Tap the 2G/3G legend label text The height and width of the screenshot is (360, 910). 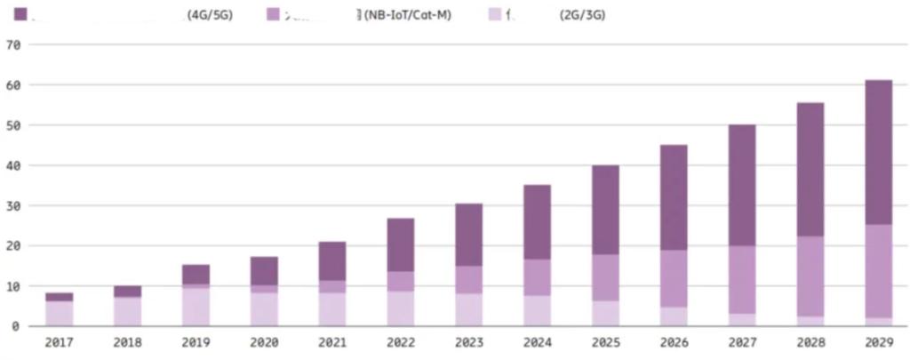pyautogui.click(x=583, y=15)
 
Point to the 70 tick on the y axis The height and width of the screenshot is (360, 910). pyautogui.click(x=12, y=44)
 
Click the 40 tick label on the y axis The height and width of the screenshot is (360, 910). pyautogui.click(x=12, y=165)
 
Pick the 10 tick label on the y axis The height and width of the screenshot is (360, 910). pyautogui.click(x=12, y=286)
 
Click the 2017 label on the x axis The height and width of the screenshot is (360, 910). pyautogui.click(x=60, y=341)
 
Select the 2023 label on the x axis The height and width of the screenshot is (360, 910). pyautogui.click(x=468, y=341)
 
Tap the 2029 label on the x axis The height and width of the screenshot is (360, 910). pyautogui.click(x=878, y=341)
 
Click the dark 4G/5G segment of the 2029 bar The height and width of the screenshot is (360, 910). pyautogui.click(x=878, y=151)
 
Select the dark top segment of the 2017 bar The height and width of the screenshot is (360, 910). pyautogui.click(x=60, y=297)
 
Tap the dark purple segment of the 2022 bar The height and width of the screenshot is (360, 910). pyautogui.click(x=401, y=244)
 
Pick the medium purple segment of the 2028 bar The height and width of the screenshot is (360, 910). pyautogui.click(x=810, y=276)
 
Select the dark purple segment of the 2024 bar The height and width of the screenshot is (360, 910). pyautogui.click(x=537, y=222)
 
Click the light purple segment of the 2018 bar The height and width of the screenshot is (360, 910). pyautogui.click(x=128, y=311)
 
